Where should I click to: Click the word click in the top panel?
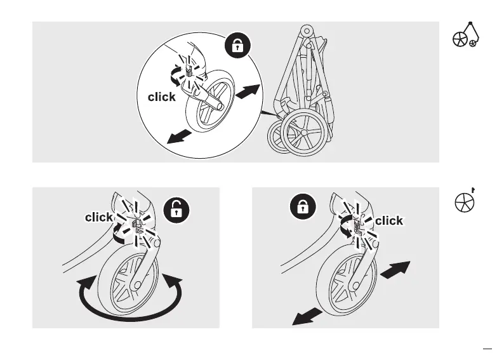pyautogui.click(x=162, y=97)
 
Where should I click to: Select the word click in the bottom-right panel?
pyautogui.click(x=389, y=221)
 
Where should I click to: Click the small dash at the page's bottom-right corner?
pyautogui.click(x=487, y=348)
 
